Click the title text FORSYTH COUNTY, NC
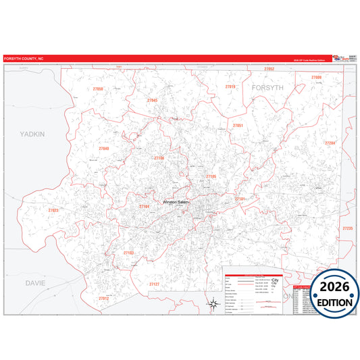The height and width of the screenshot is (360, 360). (x=24, y=59)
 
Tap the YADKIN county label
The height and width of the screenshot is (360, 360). (x=32, y=134)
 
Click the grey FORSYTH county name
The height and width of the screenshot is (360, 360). (x=269, y=88)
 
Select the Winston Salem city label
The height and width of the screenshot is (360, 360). (x=177, y=201)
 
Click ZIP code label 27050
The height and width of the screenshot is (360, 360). (x=99, y=89)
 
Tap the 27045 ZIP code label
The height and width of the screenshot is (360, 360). (x=153, y=100)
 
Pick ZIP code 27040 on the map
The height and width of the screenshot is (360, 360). (x=104, y=148)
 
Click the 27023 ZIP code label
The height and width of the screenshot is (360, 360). (x=53, y=211)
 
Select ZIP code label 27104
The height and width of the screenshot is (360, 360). (x=144, y=207)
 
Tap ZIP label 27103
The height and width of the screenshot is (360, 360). (x=129, y=253)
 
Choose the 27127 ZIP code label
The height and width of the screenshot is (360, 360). (x=155, y=284)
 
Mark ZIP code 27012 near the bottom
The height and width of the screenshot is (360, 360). (x=103, y=298)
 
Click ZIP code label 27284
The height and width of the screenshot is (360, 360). (x=330, y=143)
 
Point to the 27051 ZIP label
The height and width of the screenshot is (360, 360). (x=238, y=126)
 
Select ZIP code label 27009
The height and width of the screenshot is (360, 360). (x=317, y=78)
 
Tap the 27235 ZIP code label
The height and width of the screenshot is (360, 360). (x=348, y=228)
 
